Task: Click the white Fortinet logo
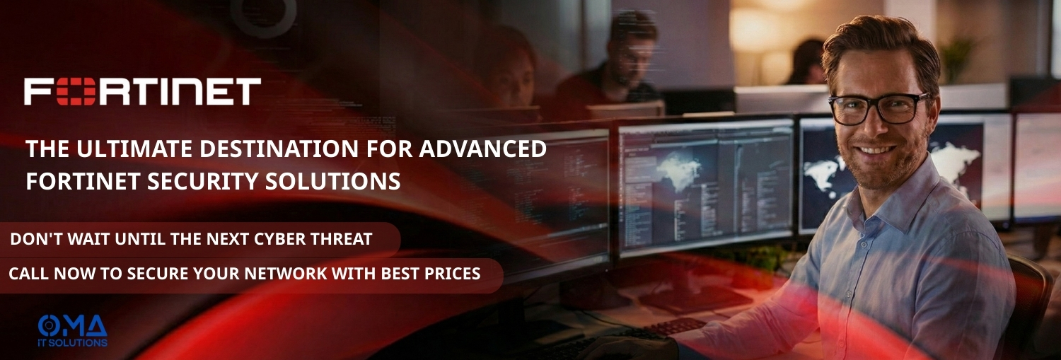tap(142, 92)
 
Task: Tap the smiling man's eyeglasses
tap(879, 108)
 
